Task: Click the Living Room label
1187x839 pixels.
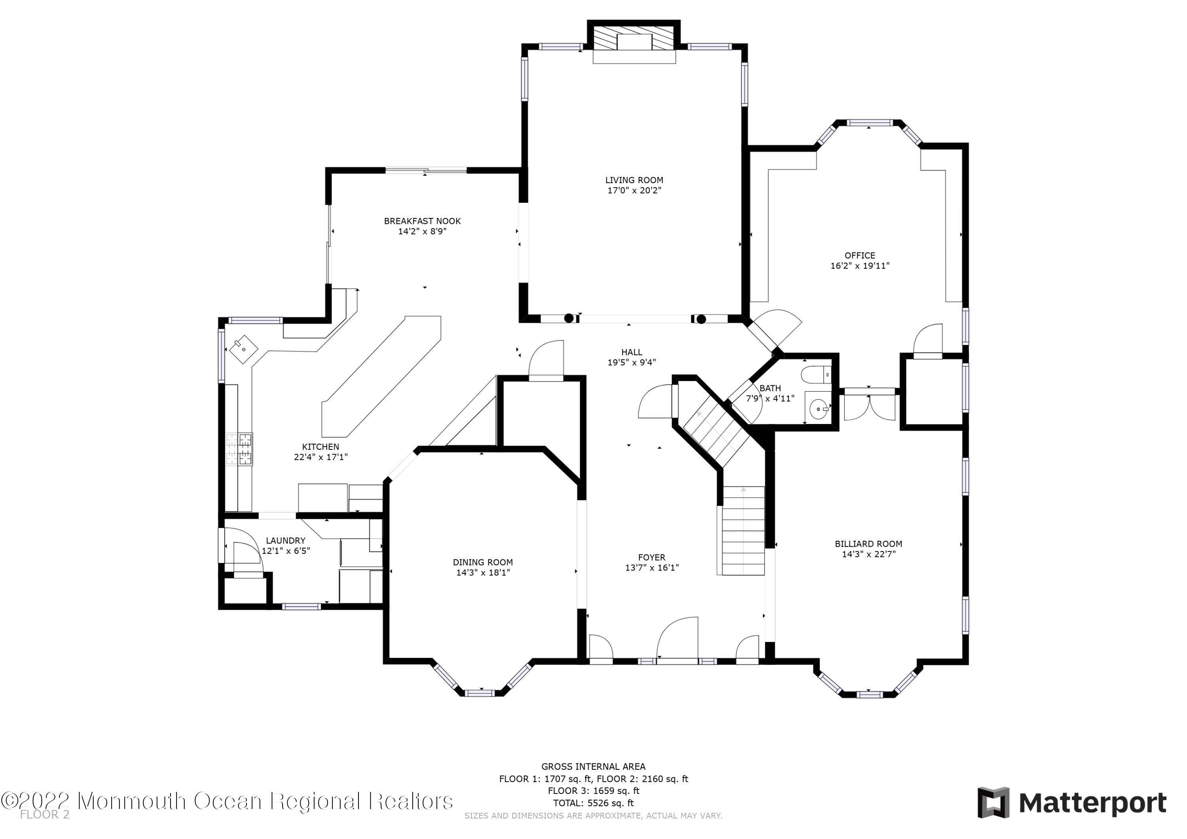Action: (x=634, y=180)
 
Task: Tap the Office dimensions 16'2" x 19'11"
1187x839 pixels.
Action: (x=860, y=266)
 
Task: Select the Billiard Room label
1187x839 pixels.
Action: (x=868, y=544)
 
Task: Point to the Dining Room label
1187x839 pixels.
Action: (x=483, y=562)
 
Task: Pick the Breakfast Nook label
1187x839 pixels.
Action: (x=423, y=221)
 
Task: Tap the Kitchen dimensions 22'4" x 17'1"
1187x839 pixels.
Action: (x=320, y=457)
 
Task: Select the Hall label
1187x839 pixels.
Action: (x=632, y=352)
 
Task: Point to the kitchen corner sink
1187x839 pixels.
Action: (x=243, y=350)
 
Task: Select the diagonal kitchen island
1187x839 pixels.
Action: (x=381, y=377)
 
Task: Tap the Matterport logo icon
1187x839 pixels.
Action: (x=993, y=803)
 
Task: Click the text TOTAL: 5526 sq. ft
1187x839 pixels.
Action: (x=593, y=803)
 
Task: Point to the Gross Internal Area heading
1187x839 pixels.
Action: (x=593, y=767)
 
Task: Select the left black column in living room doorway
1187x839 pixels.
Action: (x=569, y=318)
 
